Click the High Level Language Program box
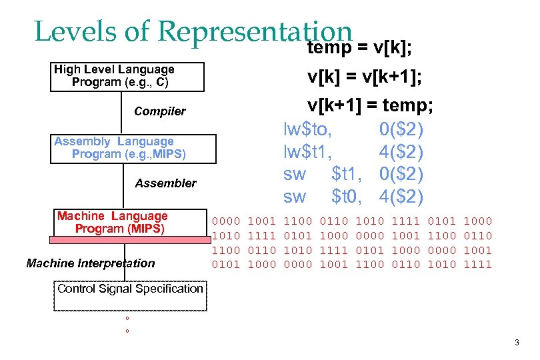127,76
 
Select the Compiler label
160,111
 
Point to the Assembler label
166,183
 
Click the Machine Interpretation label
91,263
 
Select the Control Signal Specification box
130,295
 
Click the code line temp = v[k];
359,49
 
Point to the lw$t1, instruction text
308,151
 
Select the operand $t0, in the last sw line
346,197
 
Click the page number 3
517,343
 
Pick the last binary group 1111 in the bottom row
479,264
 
